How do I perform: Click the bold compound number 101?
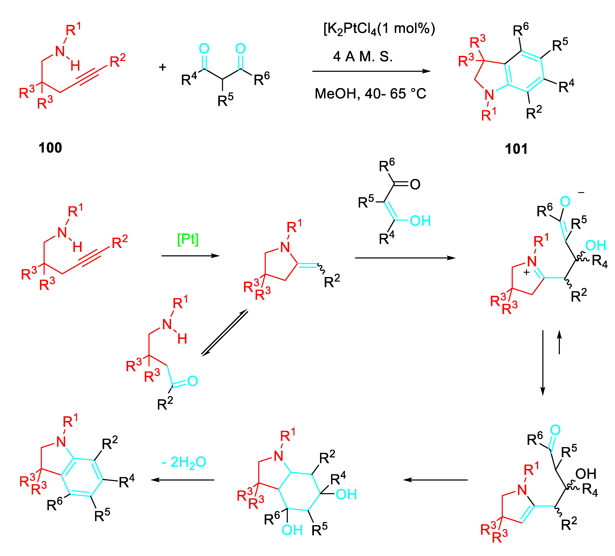(516, 149)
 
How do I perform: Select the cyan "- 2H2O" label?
(184, 462)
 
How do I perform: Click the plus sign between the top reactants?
(163, 67)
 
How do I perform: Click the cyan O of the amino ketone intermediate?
(193, 381)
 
